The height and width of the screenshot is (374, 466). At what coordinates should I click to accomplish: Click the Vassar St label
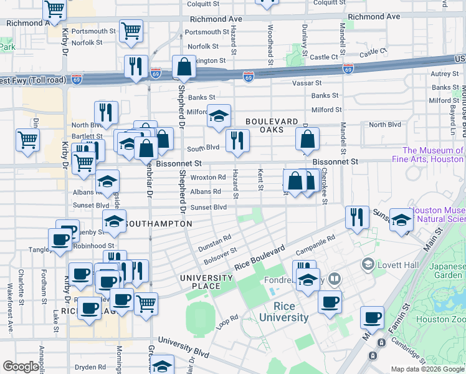pyautogui.click(x=308, y=83)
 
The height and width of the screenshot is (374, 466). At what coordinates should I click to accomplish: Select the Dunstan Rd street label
pyautogui.click(x=214, y=242)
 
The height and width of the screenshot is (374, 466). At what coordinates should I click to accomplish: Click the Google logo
pyautogui.click(x=21, y=366)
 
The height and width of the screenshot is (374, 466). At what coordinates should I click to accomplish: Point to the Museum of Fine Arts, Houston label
pyautogui.click(x=432, y=155)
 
